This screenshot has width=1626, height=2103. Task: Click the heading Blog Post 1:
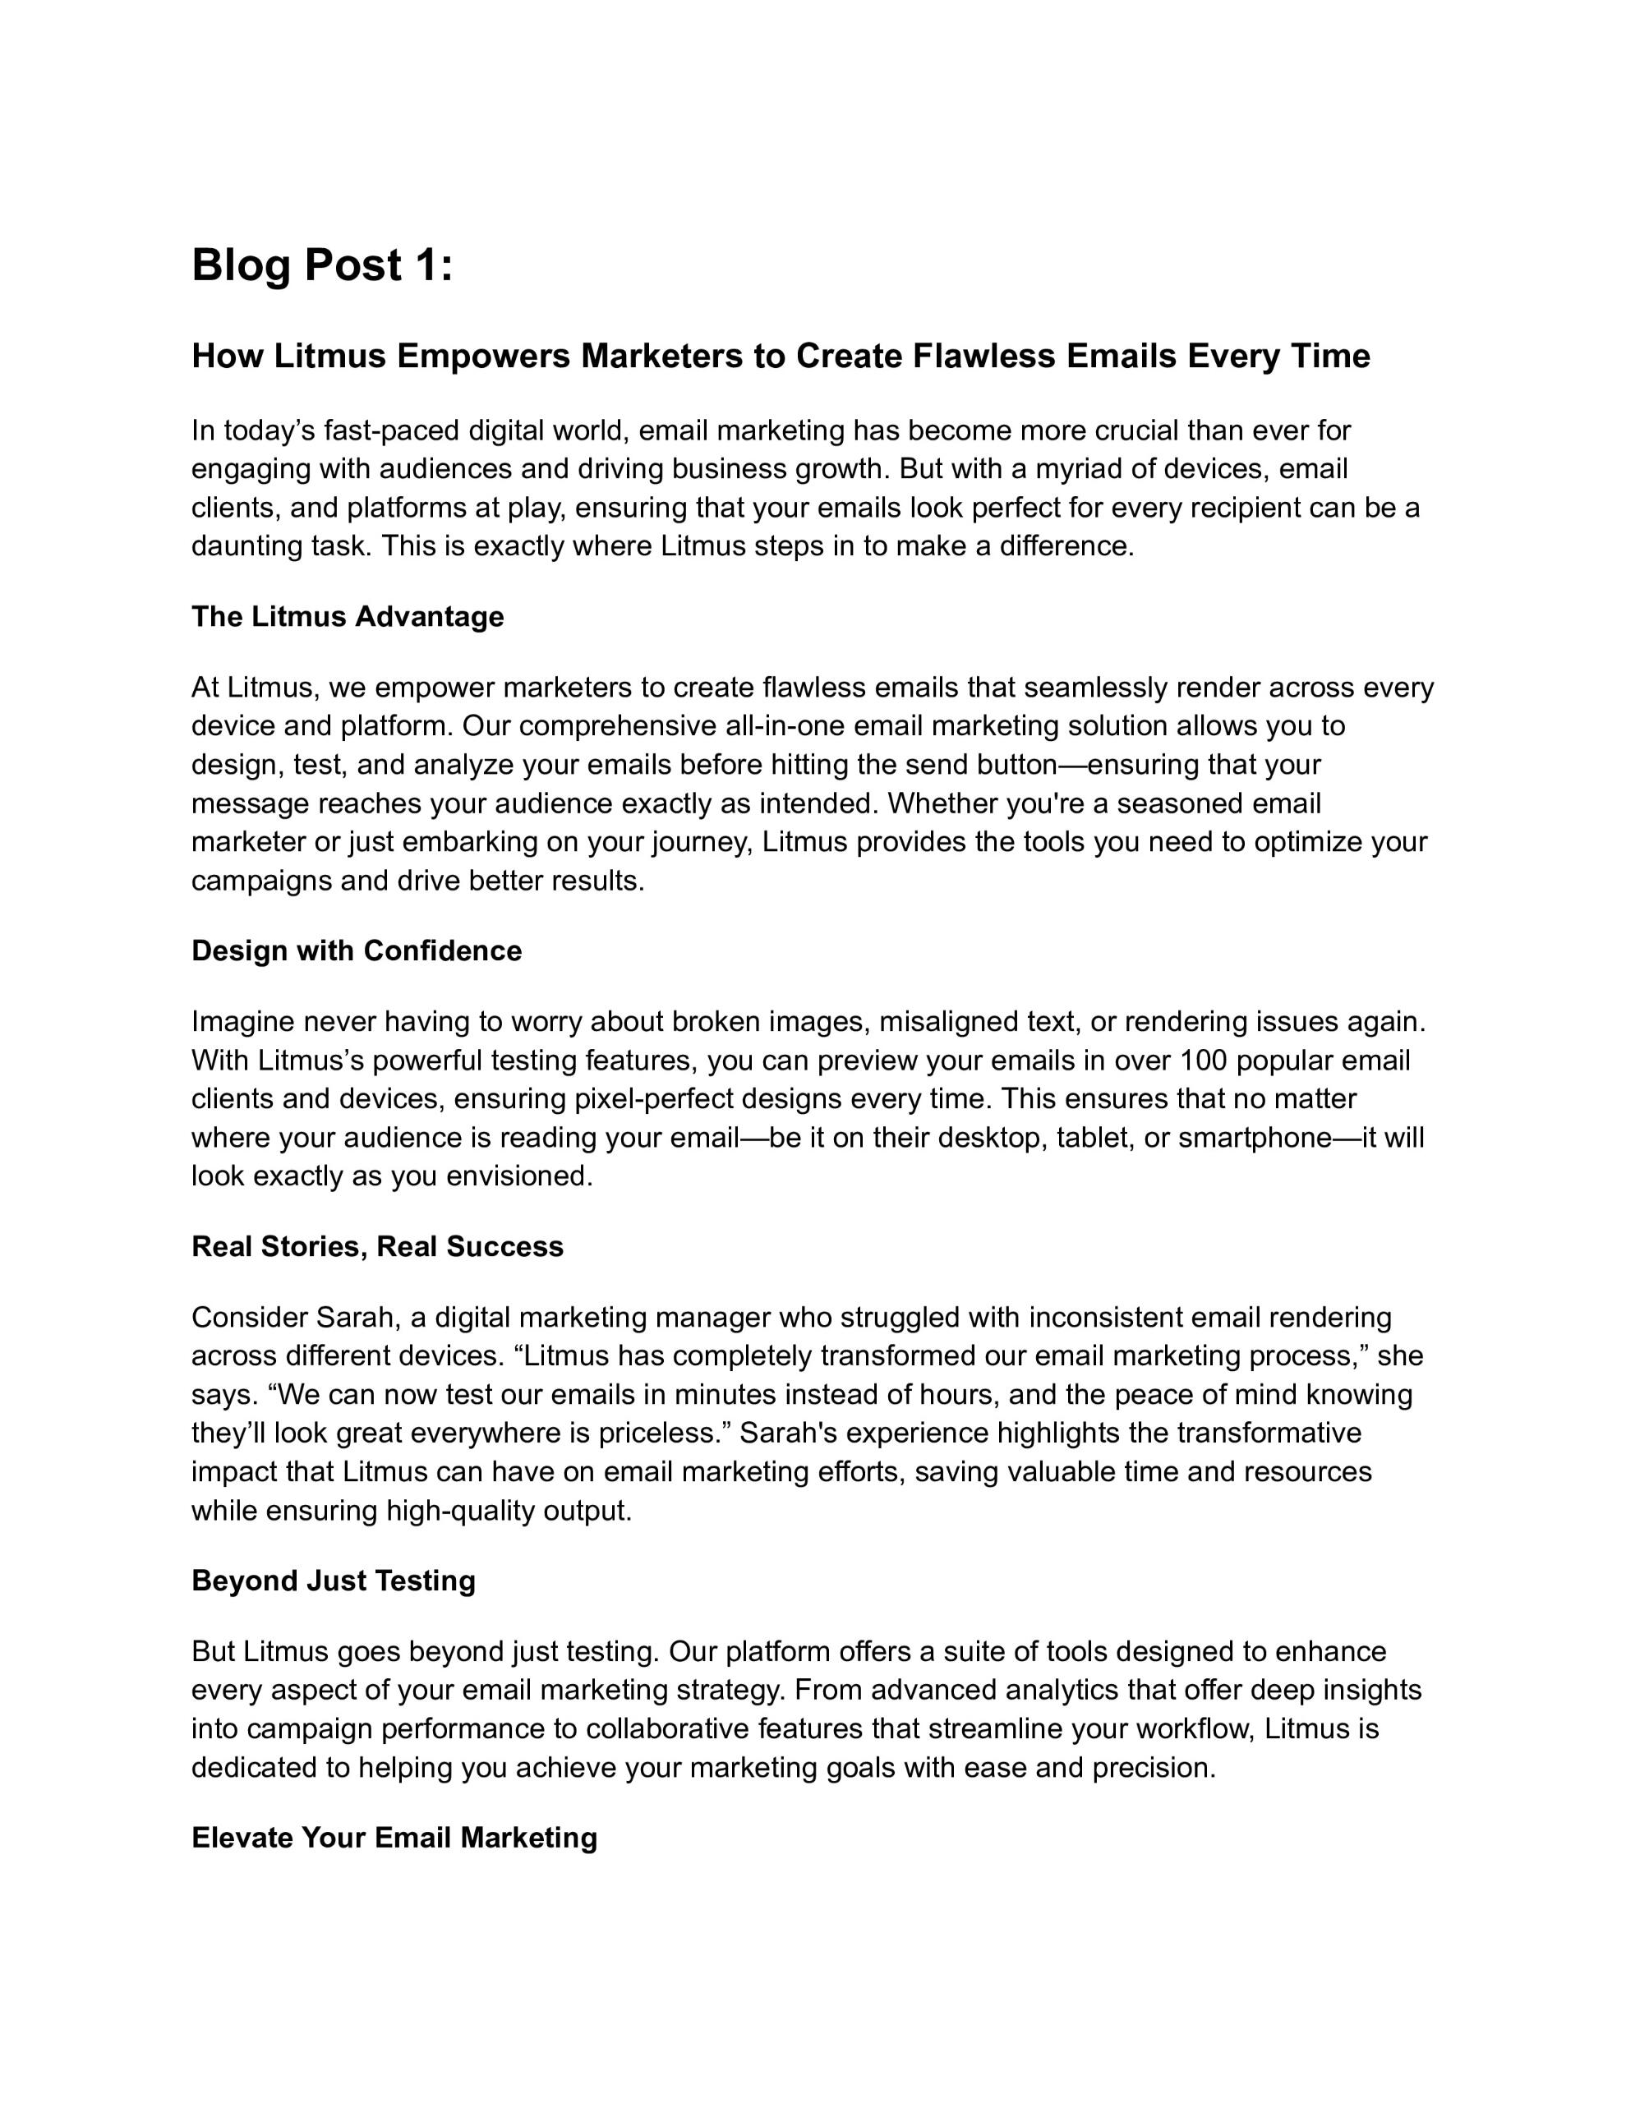(x=322, y=266)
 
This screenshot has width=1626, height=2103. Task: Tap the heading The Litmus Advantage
(x=348, y=616)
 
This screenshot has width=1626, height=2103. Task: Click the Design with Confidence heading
(x=357, y=950)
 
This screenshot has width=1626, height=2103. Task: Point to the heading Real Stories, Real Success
(x=378, y=1246)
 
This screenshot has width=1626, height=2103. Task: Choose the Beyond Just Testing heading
(x=334, y=1581)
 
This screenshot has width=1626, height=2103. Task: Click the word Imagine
(x=244, y=1022)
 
